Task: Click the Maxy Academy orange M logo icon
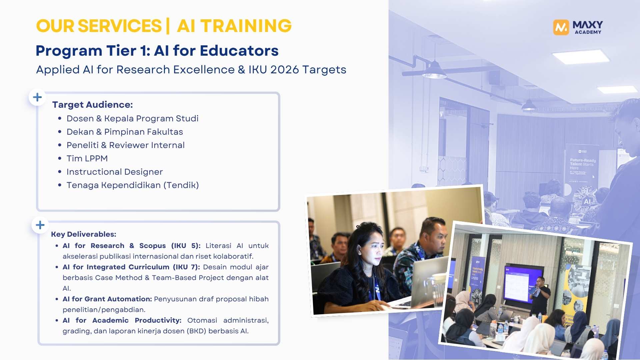coord(561,27)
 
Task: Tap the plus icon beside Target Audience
coord(37,97)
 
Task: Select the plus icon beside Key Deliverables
coord(40,225)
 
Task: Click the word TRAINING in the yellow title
coord(246,26)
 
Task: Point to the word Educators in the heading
coord(239,51)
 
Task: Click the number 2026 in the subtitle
coord(284,70)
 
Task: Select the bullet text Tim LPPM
coord(87,158)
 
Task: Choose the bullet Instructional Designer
coord(115,172)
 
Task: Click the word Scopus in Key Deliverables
coord(152,246)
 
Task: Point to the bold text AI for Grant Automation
coord(107,299)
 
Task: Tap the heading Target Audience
coord(92,105)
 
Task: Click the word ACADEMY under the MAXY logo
coord(588,32)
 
